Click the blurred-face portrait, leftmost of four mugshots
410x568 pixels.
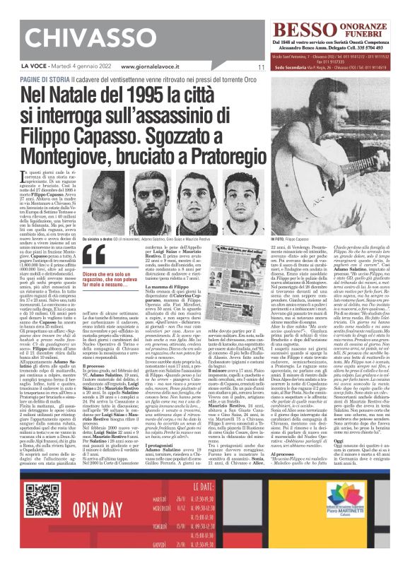(100, 196)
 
